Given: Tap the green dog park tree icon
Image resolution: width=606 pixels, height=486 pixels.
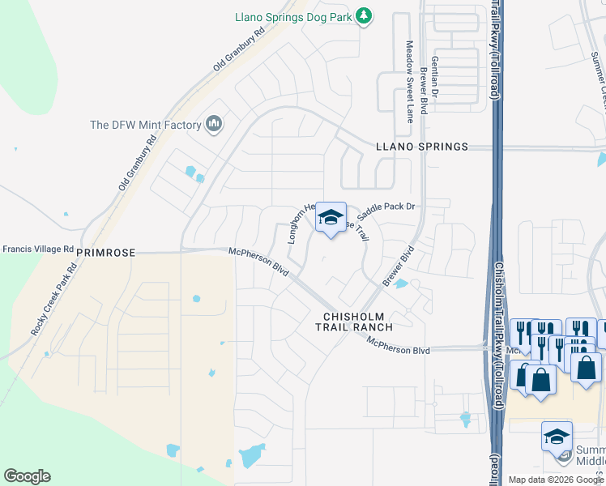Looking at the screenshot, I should (x=365, y=15).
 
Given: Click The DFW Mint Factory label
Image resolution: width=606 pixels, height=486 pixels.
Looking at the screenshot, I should (x=145, y=125).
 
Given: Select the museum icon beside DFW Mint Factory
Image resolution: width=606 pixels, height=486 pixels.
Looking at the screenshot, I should (x=214, y=123).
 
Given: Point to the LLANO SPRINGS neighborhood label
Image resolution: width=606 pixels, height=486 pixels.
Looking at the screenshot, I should (x=422, y=147).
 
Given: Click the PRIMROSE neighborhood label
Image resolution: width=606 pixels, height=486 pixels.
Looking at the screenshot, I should (x=105, y=253).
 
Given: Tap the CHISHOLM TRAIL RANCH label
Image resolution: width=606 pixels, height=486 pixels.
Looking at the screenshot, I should (x=357, y=321).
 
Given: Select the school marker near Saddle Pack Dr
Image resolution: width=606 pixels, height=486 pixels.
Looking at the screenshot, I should (x=331, y=217).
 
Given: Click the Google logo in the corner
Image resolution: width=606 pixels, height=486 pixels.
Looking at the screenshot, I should (x=27, y=476).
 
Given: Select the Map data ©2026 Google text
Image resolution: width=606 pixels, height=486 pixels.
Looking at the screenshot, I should (x=555, y=480).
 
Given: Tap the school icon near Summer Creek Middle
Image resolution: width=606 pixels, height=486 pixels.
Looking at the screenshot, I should (x=557, y=437).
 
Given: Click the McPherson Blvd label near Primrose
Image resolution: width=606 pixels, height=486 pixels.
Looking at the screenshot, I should (x=259, y=261).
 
